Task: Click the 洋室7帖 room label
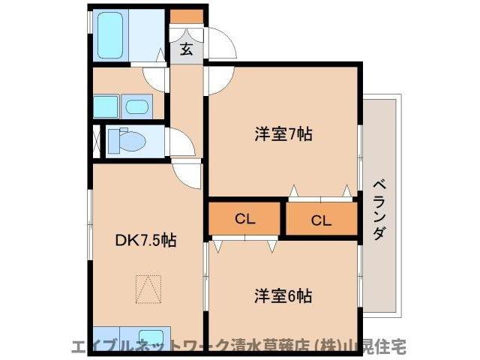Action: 283,135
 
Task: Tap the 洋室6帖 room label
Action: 283,295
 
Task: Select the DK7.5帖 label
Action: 145,241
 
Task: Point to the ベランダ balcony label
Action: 379,209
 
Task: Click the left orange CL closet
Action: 245,219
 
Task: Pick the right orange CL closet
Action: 321,220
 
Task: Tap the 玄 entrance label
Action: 186,50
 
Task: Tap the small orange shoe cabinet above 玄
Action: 184,16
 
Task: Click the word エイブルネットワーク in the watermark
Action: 151,348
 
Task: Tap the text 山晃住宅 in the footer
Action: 379,348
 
